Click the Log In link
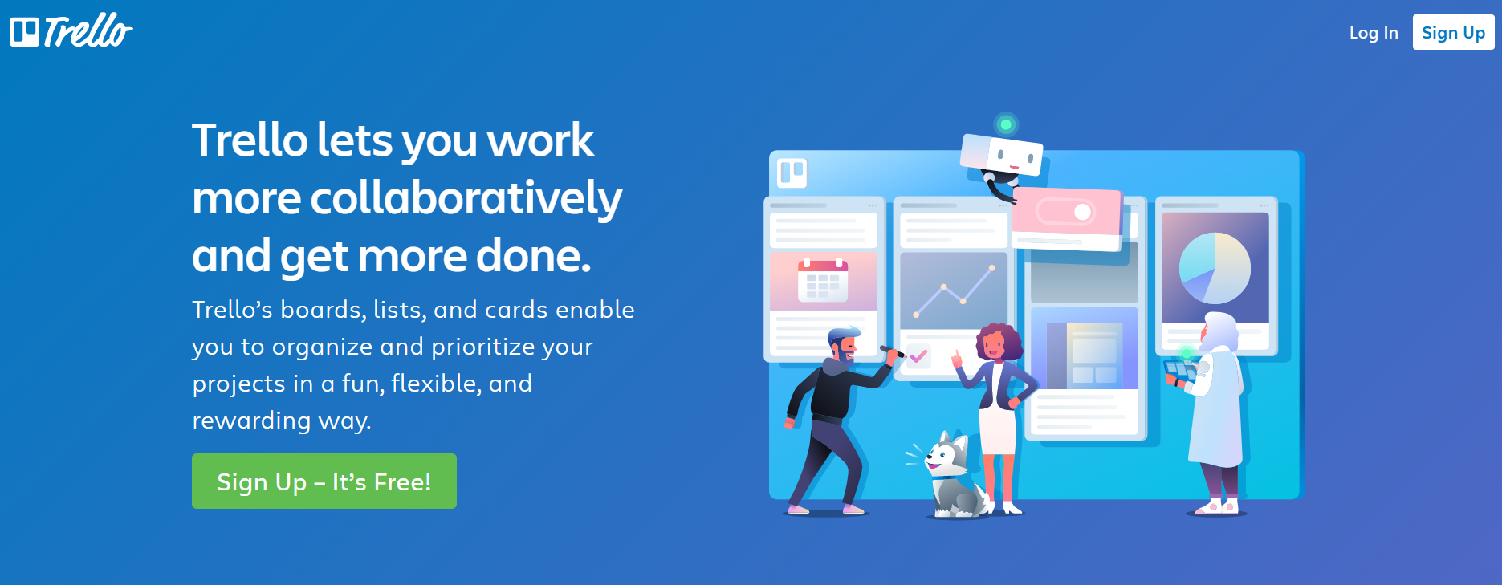(1374, 33)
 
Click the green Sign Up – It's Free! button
(324, 481)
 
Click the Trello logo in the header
(71, 31)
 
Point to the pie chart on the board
(1215, 268)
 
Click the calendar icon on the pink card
(823, 280)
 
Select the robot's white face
(1014, 156)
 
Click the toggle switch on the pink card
(1065, 212)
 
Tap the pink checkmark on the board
(918, 355)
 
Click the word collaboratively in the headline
(466, 197)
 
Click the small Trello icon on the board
(792, 172)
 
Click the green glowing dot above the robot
(1005, 124)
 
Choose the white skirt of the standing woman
(998, 431)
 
